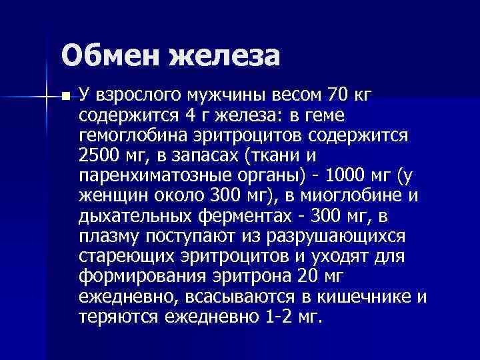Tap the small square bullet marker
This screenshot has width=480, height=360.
pyautogui.click(x=65, y=97)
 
